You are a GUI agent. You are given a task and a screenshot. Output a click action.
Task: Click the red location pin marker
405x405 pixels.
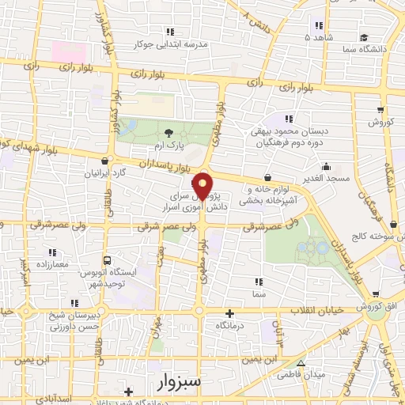coord(203,185)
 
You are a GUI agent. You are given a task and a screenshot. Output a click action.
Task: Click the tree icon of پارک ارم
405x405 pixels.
coord(168,132)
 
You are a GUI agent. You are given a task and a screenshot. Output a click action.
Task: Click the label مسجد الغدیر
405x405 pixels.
coord(325,180)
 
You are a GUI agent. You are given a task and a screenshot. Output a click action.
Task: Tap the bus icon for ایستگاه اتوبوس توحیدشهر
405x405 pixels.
coord(108,259)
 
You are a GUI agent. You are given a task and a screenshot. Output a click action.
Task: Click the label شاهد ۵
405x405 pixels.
coord(319,36)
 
